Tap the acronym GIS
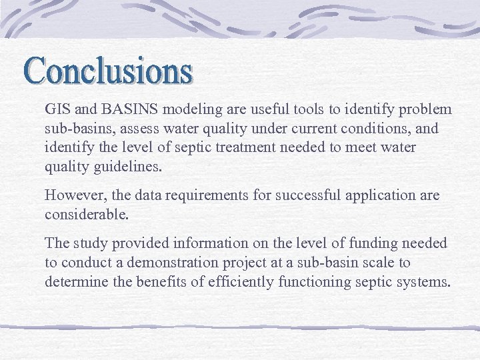[56, 109]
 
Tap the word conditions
[377, 127]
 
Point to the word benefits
[163, 281]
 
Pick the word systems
[423, 281]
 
